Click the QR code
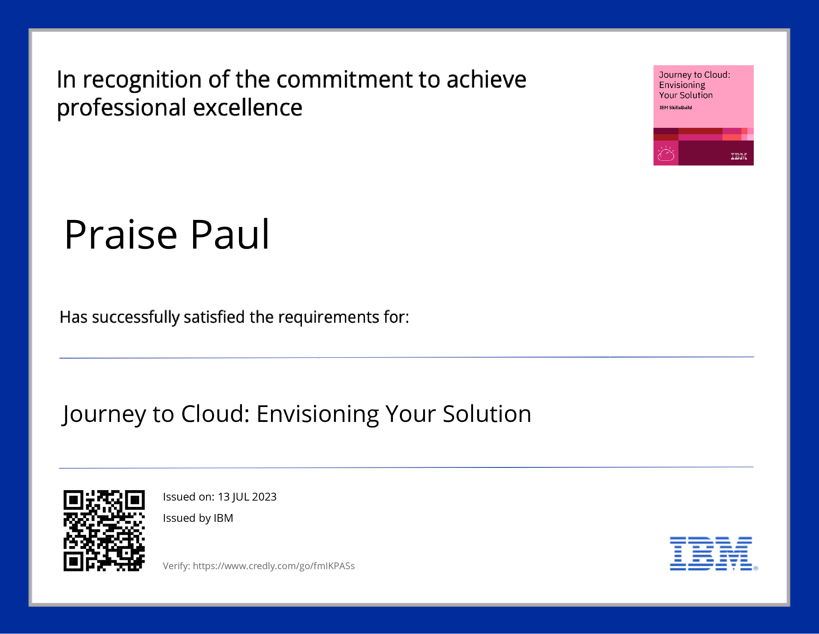(104, 530)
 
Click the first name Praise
(120, 234)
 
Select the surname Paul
(230, 234)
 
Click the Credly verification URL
(274, 566)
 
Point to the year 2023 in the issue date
(264, 497)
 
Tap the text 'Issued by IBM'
(198, 518)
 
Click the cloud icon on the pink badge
(666, 154)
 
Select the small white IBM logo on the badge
(739, 156)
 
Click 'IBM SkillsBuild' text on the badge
(675, 108)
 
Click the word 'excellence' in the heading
(248, 108)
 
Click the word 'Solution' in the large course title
(487, 414)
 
